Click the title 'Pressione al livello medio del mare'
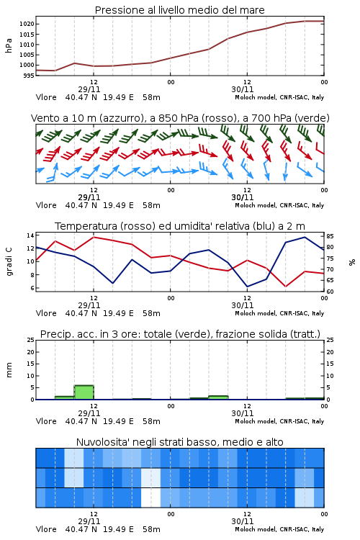click(x=179, y=10)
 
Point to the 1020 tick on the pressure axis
click(x=27, y=24)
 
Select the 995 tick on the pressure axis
click(x=29, y=76)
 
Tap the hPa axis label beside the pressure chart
click(x=9, y=45)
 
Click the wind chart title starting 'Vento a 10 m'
click(x=180, y=118)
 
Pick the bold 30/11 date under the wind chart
click(x=243, y=197)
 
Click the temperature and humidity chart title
click(x=180, y=226)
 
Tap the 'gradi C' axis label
click(x=9, y=261)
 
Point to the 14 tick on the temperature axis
click(x=30, y=235)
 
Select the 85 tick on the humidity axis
click(x=330, y=236)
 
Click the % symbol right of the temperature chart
click(x=352, y=262)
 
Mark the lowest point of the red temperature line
click(x=285, y=287)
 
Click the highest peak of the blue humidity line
click(x=305, y=237)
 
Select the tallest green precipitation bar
click(x=84, y=392)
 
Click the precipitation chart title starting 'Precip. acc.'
click(x=180, y=334)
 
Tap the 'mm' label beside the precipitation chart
click(x=9, y=369)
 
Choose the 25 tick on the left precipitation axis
click(x=31, y=340)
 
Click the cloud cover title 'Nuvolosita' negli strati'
click(x=179, y=442)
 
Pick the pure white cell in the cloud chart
click(x=151, y=498)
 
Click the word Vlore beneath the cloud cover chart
click(x=46, y=529)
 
